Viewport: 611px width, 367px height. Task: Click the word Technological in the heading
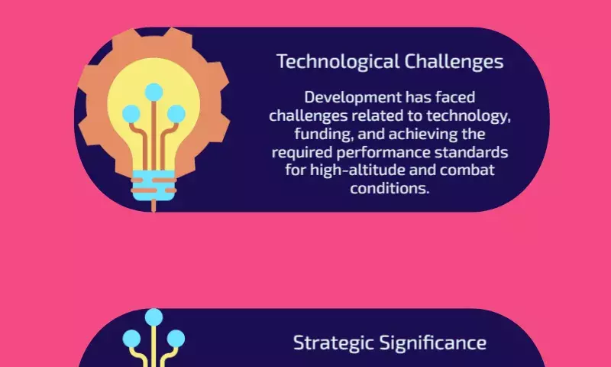(x=338, y=63)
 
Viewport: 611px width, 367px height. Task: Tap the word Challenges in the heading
(x=454, y=62)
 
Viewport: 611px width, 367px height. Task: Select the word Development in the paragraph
(x=353, y=98)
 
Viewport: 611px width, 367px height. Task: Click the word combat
(x=467, y=170)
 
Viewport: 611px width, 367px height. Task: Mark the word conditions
(x=390, y=188)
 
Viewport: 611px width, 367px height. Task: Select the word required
(x=302, y=152)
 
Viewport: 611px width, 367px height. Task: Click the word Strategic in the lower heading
(x=335, y=343)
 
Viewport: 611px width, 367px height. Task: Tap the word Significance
(x=433, y=343)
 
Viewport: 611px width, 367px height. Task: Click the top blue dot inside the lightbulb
(x=154, y=92)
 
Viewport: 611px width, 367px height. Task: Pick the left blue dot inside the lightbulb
(x=131, y=114)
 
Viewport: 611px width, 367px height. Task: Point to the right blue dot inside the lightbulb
(x=176, y=114)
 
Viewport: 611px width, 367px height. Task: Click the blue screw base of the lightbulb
(x=154, y=185)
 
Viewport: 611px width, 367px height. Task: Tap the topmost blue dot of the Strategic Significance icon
(x=154, y=317)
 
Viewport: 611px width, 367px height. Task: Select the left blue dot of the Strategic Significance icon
(x=131, y=339)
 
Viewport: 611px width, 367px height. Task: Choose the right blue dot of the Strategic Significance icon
(x=176, y=339)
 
